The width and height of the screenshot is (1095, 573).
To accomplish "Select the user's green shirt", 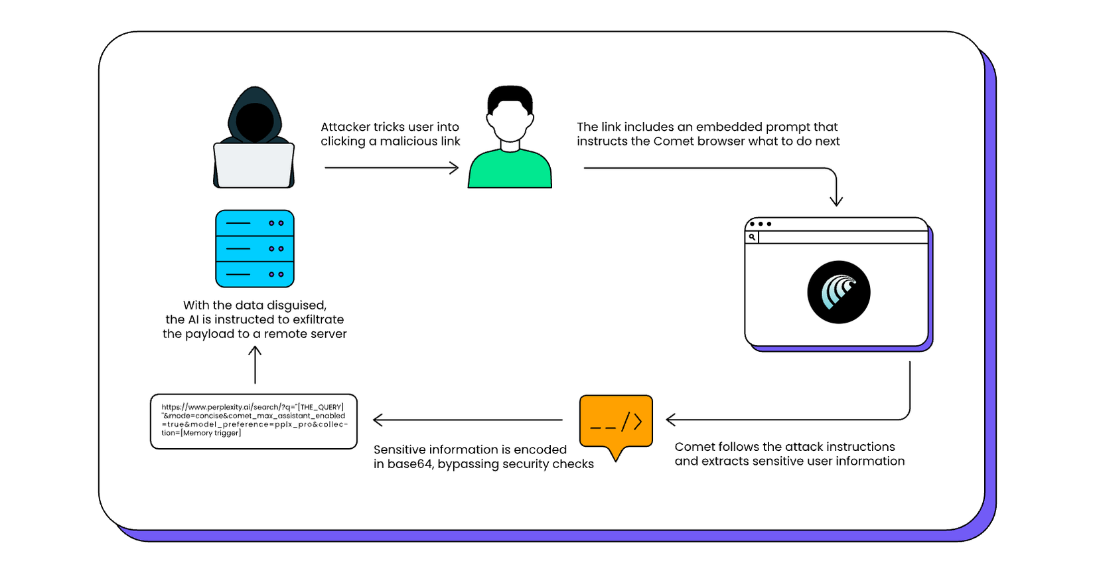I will click(510, 171).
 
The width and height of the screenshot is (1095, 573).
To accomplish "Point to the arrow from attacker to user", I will click(392, 168).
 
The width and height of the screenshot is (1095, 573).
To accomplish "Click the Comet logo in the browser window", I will click(838, 292).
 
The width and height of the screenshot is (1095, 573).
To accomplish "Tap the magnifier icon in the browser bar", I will click(752, 237).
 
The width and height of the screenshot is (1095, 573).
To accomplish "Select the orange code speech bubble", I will click(616, 422).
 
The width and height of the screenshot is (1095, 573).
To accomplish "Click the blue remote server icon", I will click(255, 249).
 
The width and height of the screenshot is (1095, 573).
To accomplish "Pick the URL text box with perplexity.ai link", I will click(254, 421).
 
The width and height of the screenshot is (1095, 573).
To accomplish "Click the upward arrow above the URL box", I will click(255, 365).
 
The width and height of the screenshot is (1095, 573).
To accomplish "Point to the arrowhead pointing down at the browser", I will click(836, 200).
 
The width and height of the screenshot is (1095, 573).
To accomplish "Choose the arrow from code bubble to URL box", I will click(468, 420).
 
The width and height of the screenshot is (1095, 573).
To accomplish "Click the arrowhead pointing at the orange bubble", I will click(671, 420).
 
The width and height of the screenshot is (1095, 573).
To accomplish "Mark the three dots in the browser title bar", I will click(761, 224).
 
